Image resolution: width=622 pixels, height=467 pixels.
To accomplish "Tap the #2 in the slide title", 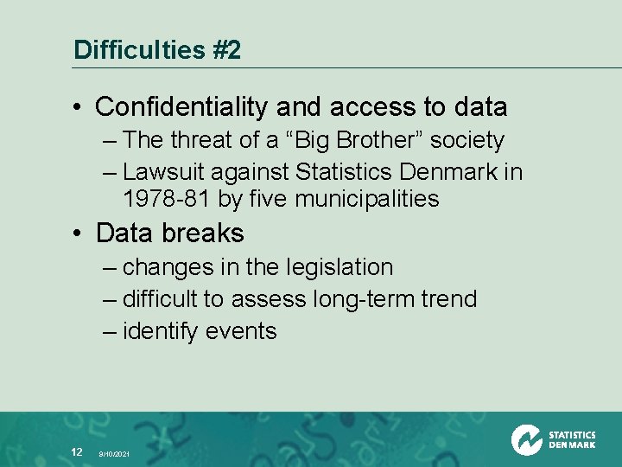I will tap(225, 50).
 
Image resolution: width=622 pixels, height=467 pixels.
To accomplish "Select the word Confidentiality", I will tap(182, 107).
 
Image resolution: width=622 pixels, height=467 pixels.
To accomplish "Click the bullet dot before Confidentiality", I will tap(79, 108).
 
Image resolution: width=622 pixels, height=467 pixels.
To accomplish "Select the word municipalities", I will tap(367, 199).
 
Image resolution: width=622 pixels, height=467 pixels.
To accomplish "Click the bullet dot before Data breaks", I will tap(79, 233).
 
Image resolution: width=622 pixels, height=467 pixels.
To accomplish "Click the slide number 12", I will tap(76, 451).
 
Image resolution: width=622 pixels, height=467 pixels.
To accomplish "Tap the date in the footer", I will tap(114, 454).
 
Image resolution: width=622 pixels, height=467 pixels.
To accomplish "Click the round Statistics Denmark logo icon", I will tap(526, 439).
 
